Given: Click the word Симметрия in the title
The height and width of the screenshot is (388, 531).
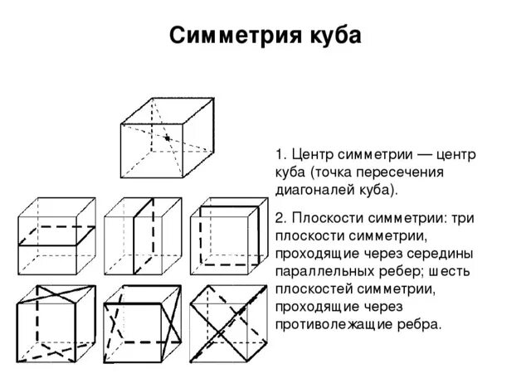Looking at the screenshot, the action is click(x=233, y=36).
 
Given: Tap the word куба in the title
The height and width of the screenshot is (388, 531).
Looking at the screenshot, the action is click(x=330, y=36).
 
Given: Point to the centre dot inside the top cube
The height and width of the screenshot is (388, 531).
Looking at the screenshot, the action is click(x=167, y=138).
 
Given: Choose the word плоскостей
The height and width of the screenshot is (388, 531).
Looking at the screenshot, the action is click(x=311, y=289).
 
